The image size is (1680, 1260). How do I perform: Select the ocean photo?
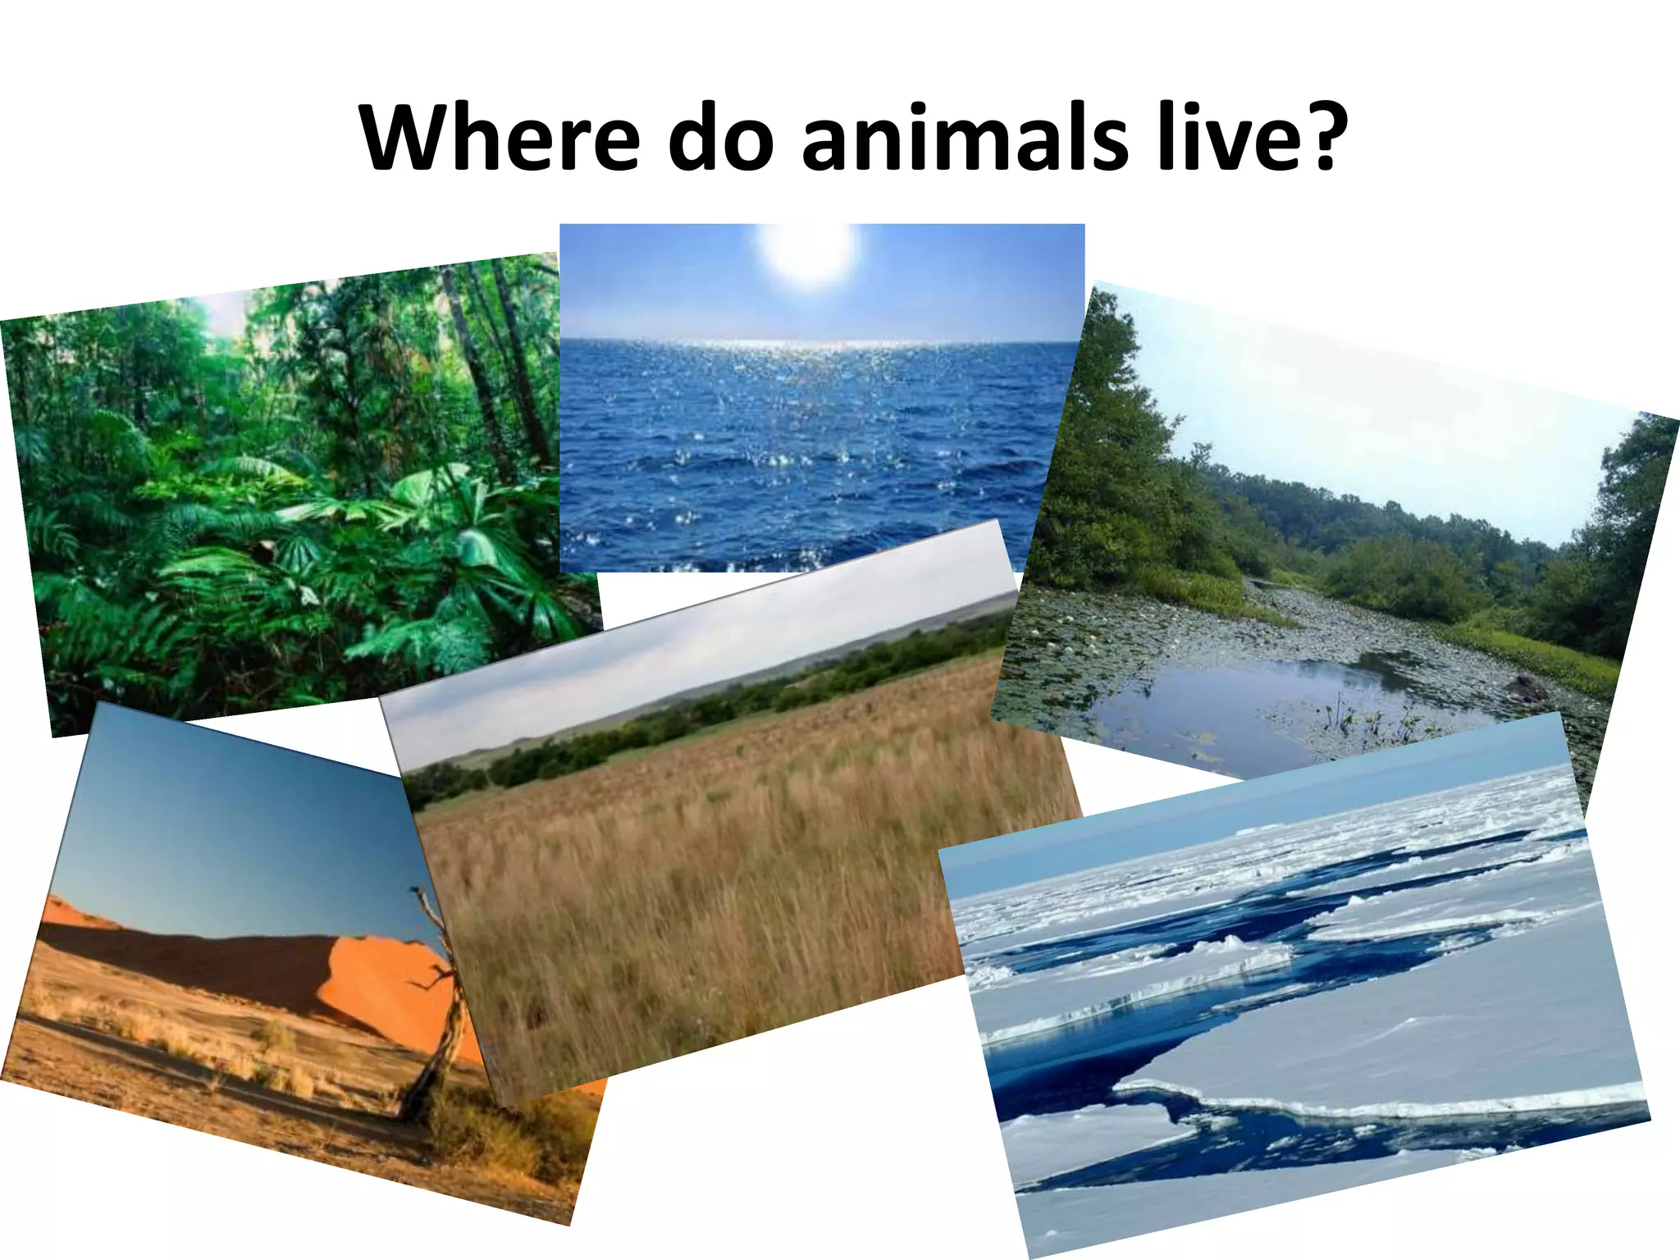pos(820,427)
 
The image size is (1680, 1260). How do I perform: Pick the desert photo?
pos(230,984)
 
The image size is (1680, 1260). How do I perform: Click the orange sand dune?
pos(377,984)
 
